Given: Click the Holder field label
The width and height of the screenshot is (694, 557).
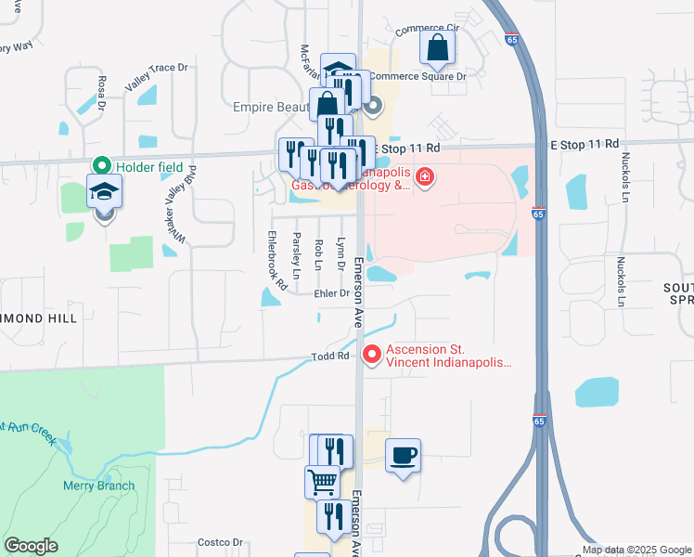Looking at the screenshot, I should (x=147, y=166).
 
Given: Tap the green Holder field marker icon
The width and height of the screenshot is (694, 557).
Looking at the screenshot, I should (x=101, y=166).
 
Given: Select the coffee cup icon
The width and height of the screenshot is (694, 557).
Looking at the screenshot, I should (x=403, y=456).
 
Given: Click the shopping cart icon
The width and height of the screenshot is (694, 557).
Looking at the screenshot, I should (x=322, y=482).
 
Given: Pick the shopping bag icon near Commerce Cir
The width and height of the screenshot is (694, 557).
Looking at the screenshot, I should (x=437, y=47).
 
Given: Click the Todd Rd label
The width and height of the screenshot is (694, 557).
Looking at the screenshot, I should (x=329, y=356).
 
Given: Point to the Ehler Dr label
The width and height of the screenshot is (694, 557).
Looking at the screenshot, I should (x=331, y=293).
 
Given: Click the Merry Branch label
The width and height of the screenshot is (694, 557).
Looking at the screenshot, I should (x=98, y=486).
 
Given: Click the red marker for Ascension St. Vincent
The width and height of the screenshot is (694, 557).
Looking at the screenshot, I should (x=372, y=355).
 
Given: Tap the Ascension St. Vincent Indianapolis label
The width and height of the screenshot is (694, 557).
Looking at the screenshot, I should (x=448, y=356).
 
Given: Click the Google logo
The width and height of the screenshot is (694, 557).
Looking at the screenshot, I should (x=31, y=546).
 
